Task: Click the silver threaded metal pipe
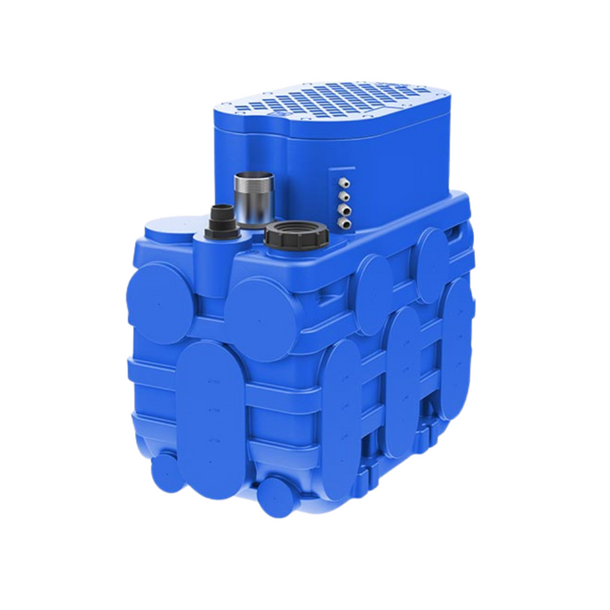[x=254, y=199]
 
